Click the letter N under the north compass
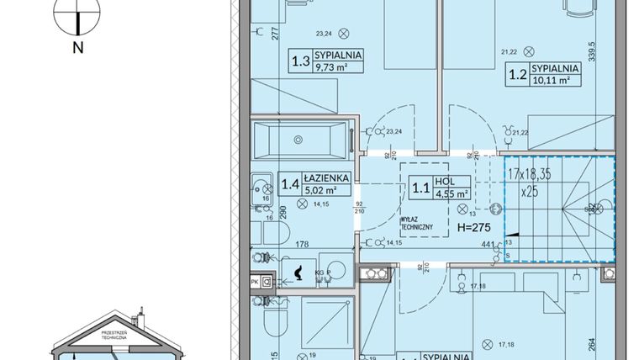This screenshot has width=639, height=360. click(77, 48)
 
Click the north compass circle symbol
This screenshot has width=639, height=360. click(77, 15)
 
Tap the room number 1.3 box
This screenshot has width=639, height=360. click(299, 61)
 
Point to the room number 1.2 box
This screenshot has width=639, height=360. click(515, 73)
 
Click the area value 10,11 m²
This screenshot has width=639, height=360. click(551, 82)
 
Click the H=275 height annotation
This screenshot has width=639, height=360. click(473, 229)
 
